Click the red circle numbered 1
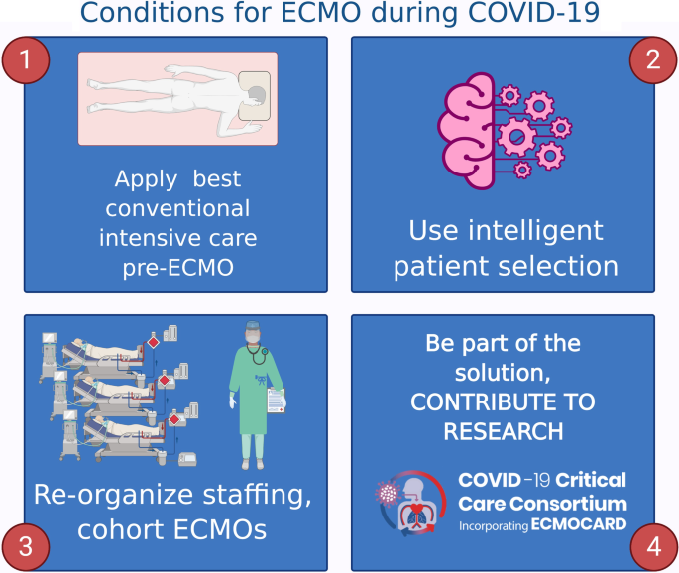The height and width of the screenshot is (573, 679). coord(26,59)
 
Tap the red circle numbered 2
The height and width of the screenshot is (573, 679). coord(653,59)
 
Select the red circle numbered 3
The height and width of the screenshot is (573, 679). coord(26,546)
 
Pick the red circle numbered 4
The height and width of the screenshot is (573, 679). coord(653,546)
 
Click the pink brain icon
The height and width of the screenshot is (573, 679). coord(467,131)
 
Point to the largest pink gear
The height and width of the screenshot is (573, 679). coord(516,137)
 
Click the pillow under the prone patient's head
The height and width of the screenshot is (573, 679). coord(254,96)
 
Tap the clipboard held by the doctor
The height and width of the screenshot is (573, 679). coord(276,401)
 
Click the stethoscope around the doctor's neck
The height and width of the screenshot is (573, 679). coord(258,353)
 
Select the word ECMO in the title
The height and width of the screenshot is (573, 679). coord(321,12)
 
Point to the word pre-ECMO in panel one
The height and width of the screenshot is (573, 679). coord(178,268)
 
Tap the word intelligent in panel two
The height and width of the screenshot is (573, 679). coord(535,230)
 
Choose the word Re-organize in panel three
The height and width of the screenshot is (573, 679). coord(113,495)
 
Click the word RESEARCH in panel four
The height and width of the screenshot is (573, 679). coord(504,431)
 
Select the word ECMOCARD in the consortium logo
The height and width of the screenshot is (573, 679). coord(579,524)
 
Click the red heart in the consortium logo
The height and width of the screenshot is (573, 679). coord(416,509)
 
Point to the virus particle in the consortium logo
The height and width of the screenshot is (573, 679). coord(388,493)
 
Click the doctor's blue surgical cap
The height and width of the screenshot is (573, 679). coord(252,325)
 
